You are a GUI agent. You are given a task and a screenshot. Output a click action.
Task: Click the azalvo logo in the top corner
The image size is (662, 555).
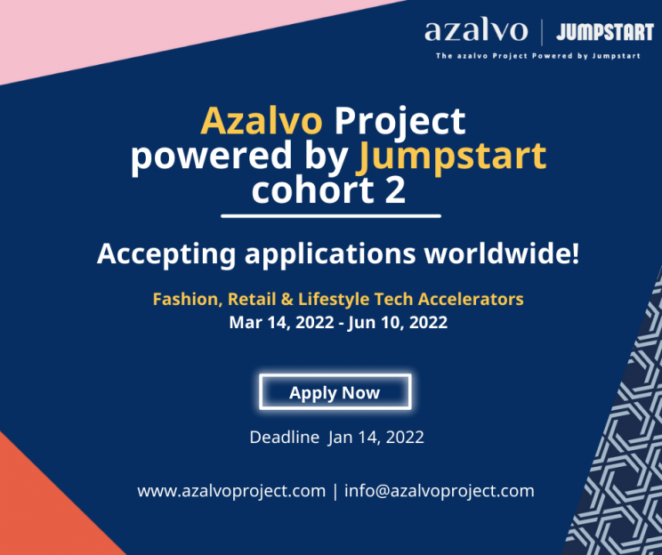476,30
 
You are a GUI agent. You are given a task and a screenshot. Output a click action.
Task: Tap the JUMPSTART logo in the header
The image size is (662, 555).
605,32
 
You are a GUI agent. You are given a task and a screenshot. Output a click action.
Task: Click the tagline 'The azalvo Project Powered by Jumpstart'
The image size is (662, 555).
538,56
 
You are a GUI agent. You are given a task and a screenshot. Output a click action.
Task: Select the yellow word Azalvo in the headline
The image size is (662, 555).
262,121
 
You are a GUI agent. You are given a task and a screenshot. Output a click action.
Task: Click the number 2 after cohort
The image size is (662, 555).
395,190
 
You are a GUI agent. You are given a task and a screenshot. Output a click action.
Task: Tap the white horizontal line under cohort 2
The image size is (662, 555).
331,216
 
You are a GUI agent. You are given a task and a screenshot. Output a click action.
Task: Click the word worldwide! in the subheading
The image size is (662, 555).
502,253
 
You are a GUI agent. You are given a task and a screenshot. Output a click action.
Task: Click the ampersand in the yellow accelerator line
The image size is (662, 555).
287,299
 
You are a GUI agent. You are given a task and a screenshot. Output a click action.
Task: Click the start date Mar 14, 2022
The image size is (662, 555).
281,323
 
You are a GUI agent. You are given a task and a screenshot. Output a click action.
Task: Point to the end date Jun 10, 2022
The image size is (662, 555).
397,323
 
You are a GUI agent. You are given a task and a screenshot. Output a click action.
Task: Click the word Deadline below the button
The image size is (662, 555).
285,437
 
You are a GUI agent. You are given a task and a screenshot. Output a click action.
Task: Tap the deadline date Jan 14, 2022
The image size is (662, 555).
376,438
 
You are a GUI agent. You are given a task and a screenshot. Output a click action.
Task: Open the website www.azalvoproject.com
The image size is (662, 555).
231,491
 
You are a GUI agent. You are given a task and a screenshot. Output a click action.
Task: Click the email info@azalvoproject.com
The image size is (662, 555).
439,491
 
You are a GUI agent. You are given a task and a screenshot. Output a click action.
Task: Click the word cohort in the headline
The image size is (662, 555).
313,190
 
